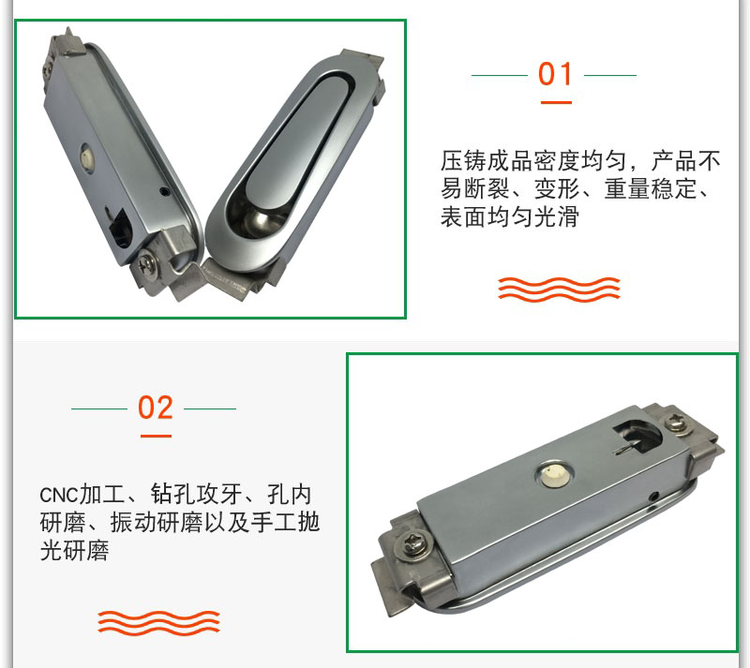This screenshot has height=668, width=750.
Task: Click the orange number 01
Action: tap(555, 74)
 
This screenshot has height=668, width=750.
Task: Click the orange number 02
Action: tap(155, 408)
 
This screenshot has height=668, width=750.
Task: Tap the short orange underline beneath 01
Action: tap(556, 102)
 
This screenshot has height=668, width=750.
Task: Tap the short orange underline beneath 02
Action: tap(156, 436)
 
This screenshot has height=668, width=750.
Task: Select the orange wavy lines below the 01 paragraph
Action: tap(559, 289)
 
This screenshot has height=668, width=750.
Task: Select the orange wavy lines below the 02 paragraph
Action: tap(158, 623)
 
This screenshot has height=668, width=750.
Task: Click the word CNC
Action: tap(58, 496)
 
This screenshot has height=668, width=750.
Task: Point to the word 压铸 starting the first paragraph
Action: tap(463, 160)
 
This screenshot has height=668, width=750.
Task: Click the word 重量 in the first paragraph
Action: tap(627, 188)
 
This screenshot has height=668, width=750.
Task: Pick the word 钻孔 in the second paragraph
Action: tap(173, 494)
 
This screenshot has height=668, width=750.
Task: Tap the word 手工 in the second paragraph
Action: tap(274, 522)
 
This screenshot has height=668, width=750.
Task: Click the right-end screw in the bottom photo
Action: tap(677, 423)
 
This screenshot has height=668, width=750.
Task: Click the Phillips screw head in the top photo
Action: tap(148, 264)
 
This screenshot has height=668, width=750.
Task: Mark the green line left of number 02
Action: tap(99, 408)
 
